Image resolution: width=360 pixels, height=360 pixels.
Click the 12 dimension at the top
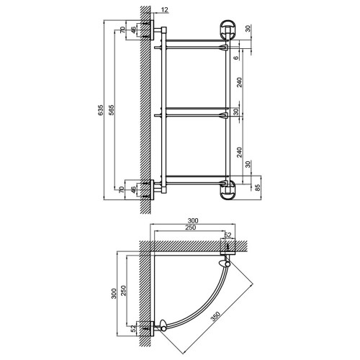coord(165,10)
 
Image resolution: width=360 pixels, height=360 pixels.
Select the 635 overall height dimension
coord(101,110)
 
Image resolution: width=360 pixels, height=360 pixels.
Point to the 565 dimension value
coord(112,110)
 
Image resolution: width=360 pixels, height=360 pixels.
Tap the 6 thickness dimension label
coord(236,58)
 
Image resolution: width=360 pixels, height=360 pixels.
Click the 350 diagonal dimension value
coord(215,316)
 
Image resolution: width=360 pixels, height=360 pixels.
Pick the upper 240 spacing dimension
coord(240,82)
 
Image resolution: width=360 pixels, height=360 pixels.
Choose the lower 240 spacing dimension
coord(240,152)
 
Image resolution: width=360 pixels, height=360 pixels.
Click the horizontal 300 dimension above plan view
coord(193,220)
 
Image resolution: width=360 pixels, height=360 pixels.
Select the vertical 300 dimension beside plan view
coord(114,293)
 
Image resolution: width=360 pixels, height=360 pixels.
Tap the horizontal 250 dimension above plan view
coord(191,228)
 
